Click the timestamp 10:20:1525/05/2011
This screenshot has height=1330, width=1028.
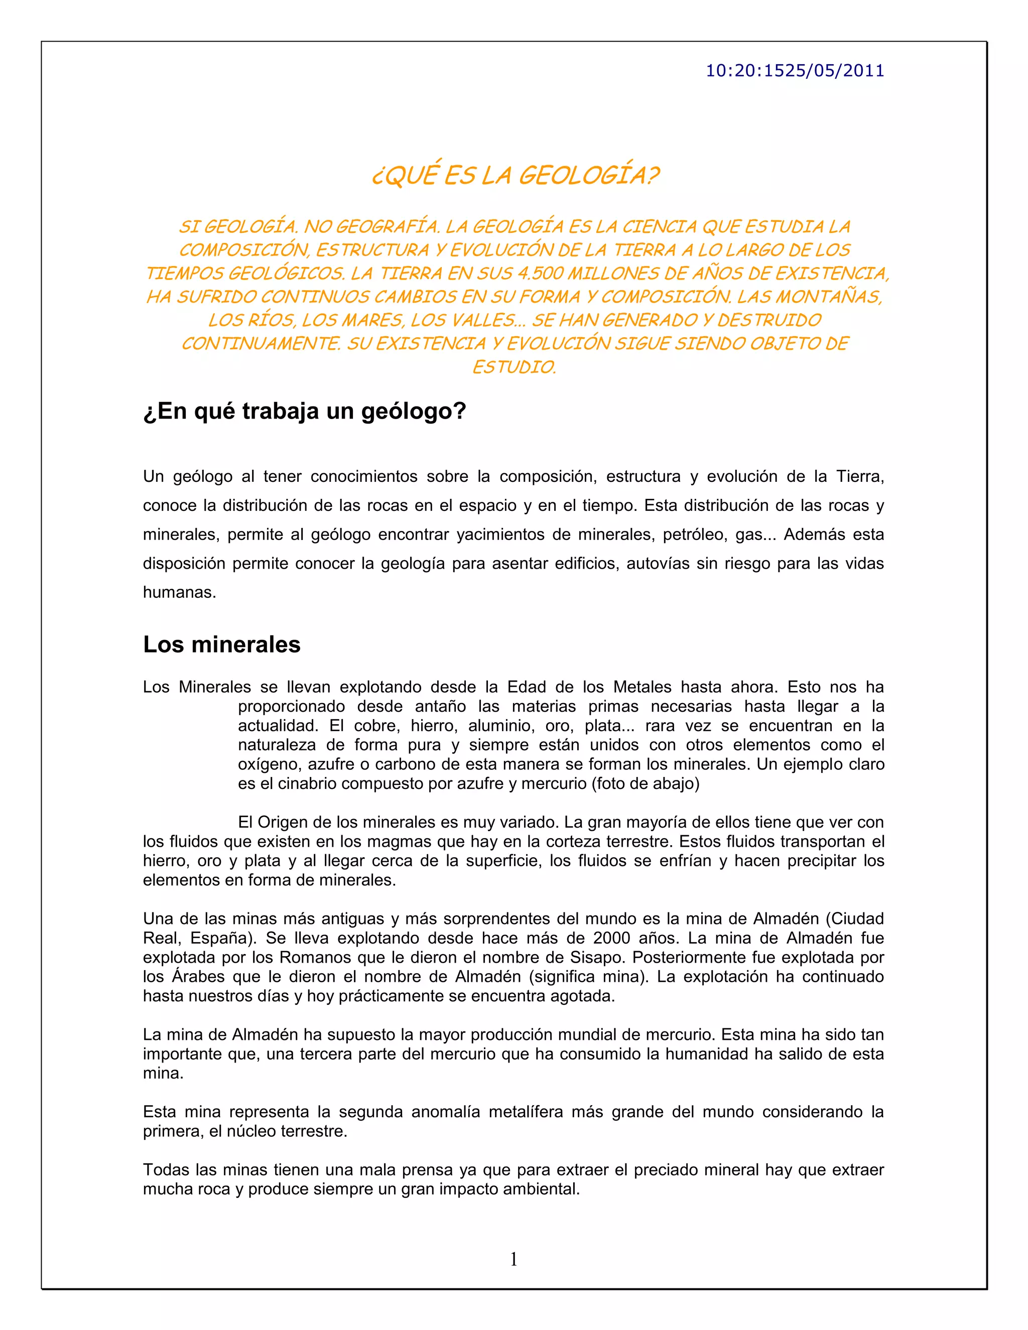coord(794,71)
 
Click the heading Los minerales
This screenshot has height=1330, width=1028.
coord(222,644)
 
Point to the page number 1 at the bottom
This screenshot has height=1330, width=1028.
coord(513,1259)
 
